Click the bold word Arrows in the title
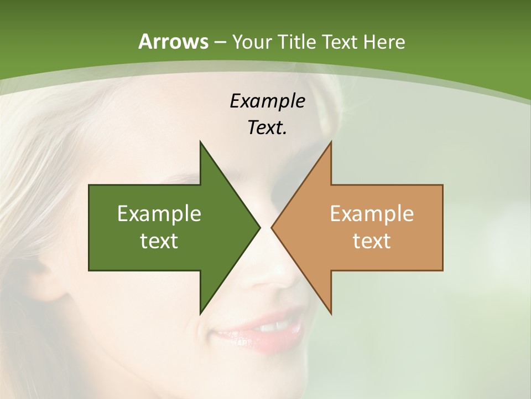173,42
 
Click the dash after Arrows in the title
219,42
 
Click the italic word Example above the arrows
267,101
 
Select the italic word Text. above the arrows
267,127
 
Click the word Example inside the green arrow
159,213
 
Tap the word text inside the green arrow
159,241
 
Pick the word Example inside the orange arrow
372,213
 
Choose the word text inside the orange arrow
372,241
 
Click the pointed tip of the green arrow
259,227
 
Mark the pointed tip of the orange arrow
273,227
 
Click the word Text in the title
340,42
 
